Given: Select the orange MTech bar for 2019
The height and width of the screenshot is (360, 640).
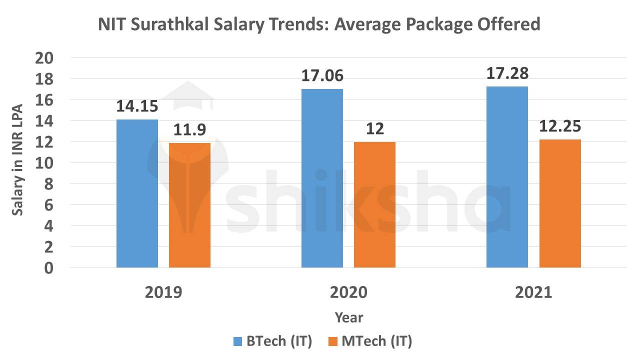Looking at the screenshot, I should [x=189, y=205].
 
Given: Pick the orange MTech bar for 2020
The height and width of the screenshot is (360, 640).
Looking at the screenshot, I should [x=374, y=204].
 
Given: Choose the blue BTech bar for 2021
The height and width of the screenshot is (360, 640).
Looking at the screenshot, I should [x=507, y=177].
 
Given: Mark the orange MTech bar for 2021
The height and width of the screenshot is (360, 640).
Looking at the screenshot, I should [x=560, y=203].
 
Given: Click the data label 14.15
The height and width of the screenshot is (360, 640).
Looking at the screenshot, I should [x=137, y=106].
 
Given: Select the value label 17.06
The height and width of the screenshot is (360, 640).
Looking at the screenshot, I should [x=322, y=76].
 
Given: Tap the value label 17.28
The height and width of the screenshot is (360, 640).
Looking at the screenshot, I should [x=507, y=73].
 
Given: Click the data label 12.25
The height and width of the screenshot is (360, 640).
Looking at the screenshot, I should [x=560, y=126].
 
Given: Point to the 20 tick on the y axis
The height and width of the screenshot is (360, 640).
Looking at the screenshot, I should [x=44, y=58].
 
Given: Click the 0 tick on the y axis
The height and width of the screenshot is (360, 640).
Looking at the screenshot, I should [x=49, y=268].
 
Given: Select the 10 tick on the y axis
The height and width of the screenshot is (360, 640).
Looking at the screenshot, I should [x=44, y=163].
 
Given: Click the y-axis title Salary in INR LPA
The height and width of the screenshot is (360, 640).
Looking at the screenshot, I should [x=18, y=163].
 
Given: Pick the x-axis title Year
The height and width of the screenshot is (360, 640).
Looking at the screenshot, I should [x=348, y=317].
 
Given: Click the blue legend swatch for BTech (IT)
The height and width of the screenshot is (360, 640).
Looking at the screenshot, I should [x=238, y=342].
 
